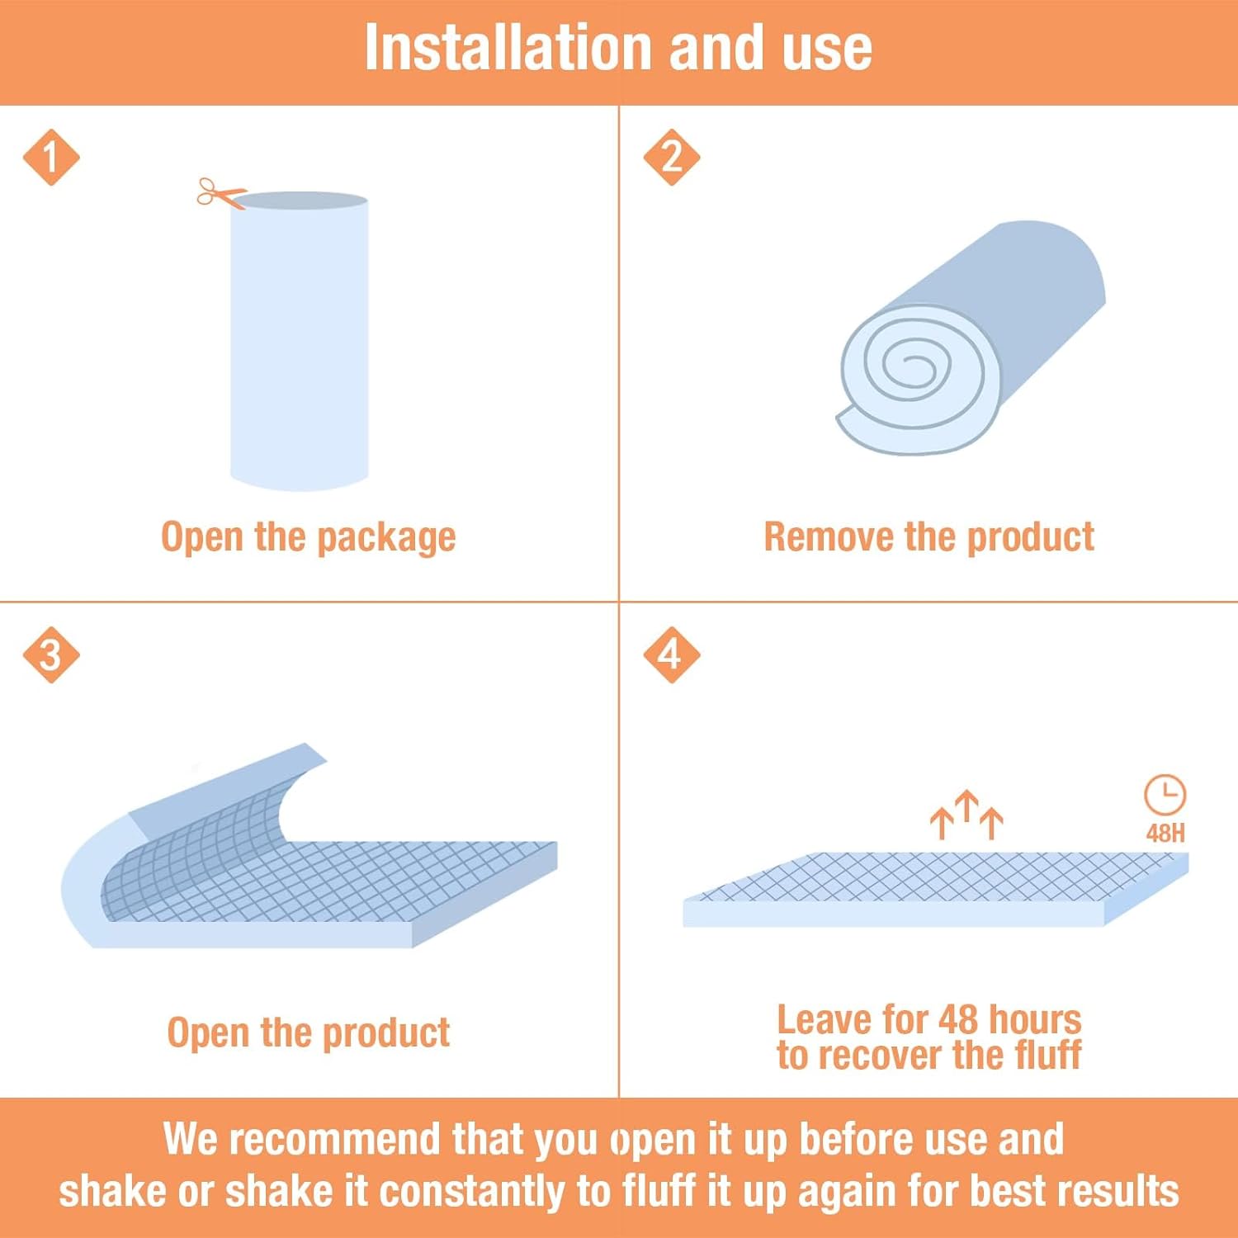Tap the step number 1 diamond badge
point(51,157)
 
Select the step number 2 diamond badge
point(672,157)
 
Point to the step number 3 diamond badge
point(51,654)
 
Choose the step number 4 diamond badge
point(672,654)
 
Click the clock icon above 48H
point(1165,795)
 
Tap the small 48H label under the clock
point(1165,833)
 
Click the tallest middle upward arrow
point(966,811)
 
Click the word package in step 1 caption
point(386,538)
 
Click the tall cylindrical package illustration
point(299,341)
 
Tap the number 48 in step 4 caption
point(956,1020)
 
